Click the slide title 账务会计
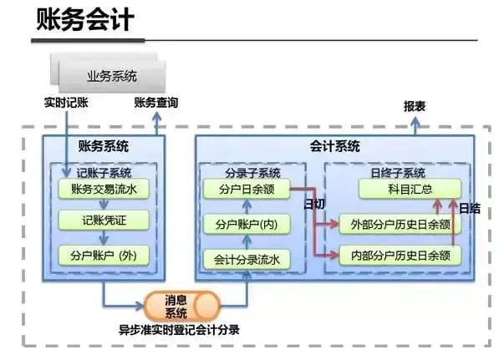[84, 20]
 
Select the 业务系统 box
[112, 77]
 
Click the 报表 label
[415, 107]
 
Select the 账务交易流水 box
[104, 190]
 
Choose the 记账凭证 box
[104, 221]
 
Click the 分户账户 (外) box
[104, 255]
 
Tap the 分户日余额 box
[246, 190]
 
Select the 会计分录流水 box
[246, 259]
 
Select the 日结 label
[470, 208]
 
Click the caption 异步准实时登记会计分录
[179, 330]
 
